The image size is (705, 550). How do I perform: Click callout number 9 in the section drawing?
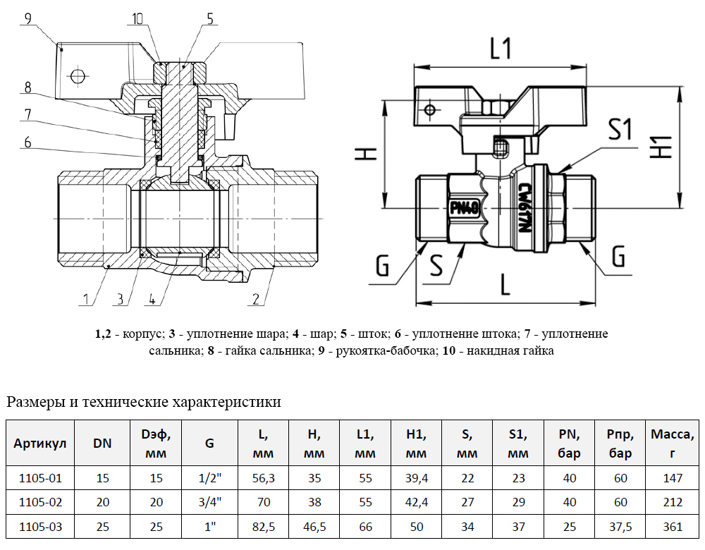coord(28,19)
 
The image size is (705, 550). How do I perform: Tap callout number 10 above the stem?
coord(137,19)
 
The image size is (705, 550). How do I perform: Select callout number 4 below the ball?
coord(152,298)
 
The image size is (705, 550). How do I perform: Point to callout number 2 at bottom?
coord(256,298)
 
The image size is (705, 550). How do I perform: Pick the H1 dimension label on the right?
coord(661,147)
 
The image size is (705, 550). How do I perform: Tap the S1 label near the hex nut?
coord(620,130)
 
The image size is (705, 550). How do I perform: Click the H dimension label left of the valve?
coord(365,154)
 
